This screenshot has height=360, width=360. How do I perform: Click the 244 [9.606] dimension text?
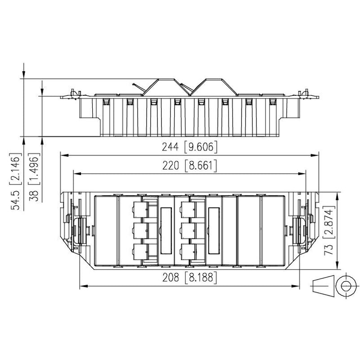coord(189,147)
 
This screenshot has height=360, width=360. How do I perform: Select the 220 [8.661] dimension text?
coord(189,165)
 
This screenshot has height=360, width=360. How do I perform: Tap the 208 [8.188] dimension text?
coord(189,277)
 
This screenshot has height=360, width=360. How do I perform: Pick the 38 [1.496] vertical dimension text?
coord(35,177)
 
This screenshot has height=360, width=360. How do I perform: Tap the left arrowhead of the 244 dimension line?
coord(64,155)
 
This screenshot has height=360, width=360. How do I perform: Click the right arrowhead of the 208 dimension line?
coord(296,286)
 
